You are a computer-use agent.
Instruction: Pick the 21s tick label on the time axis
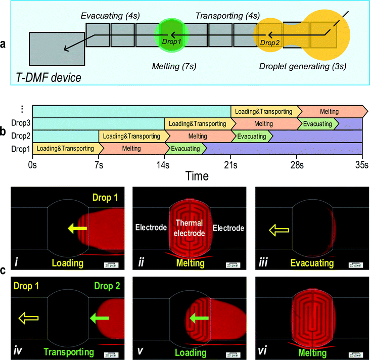point(230,165)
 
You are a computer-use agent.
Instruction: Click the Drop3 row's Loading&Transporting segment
point(199,123)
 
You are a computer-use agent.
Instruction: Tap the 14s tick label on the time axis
point(164,165)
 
